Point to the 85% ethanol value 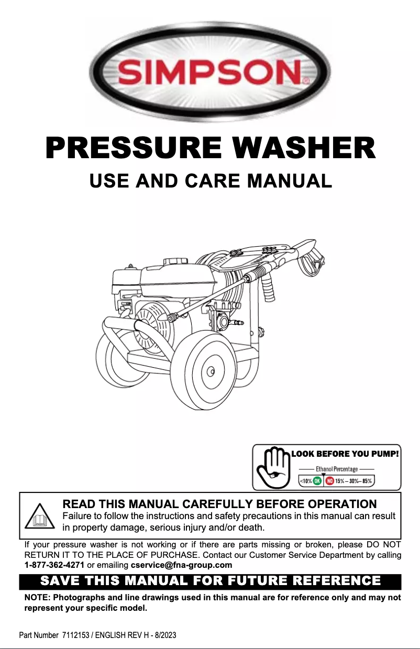click(368, 481)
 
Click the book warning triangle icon click(40, 516)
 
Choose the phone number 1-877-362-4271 click(54, 565)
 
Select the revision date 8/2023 click(163, 635)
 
